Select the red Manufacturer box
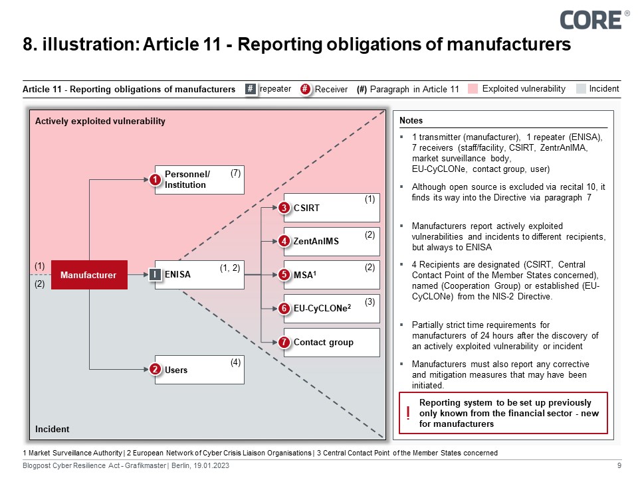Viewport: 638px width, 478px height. pyautogui.click(x=88, y=275)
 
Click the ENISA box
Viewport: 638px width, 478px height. pyautogui.click(x=199, y=274)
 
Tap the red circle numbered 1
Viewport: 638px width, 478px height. pyautogui.click(x=155, y=181)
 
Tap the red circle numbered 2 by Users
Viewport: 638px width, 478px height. pyautogui.click(x=155, y=370)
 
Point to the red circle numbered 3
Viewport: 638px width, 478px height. pyautogui.click(x=284, y=208)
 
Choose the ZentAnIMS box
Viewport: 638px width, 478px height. pyautogui.click(x=332, y=241)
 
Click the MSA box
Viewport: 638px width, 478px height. pyautogui.click(x=332, y=274)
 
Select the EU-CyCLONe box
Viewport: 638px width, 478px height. pyautogui.click(x=332, y=308)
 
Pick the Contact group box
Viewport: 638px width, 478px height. pyautogui.click(x=332, y=343)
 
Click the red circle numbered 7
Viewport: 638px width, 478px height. pyautogui.click(x=284, y=343)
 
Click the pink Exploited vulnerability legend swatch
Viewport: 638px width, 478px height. pyautogui.click(x=473, y=89)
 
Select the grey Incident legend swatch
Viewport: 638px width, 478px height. pyautogui.click(x=581, y=89)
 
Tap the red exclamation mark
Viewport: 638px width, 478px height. pyautogui.click(x=407, y=414)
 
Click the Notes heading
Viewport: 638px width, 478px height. pyautogui.click(x=411, y=121)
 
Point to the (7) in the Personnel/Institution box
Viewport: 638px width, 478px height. pyautogui.click(x=235, y=173)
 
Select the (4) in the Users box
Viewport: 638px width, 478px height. pyautogui.click(x=235, y=362)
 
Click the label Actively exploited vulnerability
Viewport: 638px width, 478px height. pyautogui.click(x=100, y=121)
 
